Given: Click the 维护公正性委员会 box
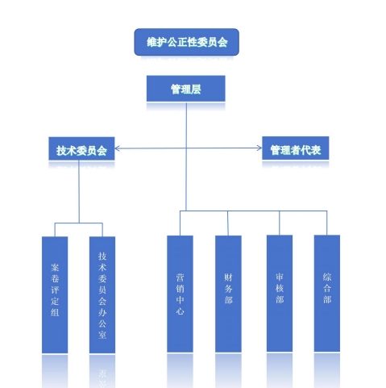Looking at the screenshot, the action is click(186, 42).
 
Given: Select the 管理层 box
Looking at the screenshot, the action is click(185, 89).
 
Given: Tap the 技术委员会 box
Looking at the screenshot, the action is click(81, 148).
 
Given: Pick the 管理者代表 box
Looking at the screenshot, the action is click(295, 148).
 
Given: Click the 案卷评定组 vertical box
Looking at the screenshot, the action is click(55, 294).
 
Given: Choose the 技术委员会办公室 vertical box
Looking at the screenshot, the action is click(102, 294).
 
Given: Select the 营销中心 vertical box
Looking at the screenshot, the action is click(180, 294).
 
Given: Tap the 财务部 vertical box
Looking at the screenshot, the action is click(228, 294).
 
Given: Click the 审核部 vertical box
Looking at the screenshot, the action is click(280, 294).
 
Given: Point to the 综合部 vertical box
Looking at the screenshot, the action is click(327, 294).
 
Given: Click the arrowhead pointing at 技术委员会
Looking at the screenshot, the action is click(117, 148).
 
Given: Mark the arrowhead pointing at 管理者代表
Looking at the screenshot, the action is click(259, 148).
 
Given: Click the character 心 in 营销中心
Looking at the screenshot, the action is click(180, 311).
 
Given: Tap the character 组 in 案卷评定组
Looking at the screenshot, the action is click(55, 312).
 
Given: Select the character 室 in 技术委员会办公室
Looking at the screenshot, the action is click(102, 335).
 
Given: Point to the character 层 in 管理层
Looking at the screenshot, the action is click(196, 90).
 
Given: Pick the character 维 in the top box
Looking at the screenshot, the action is click(151, 42).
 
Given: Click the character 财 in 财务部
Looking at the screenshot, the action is click(228, 277).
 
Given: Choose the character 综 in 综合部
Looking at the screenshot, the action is click(327, 277).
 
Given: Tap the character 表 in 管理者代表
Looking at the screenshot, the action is click(316, 150).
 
